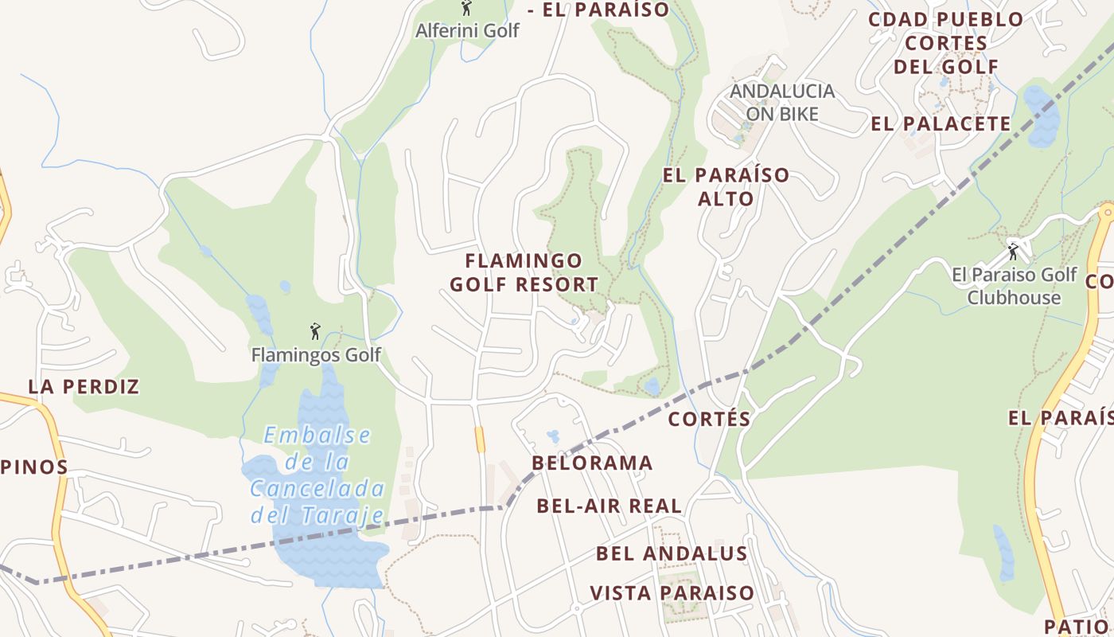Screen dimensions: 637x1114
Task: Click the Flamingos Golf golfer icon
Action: (x=316, y=331)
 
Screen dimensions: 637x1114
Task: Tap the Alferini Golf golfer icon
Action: (x=466, y=9)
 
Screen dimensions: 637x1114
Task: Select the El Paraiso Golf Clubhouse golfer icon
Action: (x=1013, y=252)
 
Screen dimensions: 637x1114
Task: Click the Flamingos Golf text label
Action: (x=316, y=354)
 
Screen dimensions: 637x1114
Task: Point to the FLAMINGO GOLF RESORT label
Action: (x=524, y=272)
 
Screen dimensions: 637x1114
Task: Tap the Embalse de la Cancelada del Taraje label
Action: (x=317, y=475)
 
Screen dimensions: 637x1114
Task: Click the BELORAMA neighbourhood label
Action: (x=592, y=463)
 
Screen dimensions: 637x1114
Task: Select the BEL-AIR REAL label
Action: (x=609, y=506)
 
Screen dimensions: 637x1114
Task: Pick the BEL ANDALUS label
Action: (x=672, y=553)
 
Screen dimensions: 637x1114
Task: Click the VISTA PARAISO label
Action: (x=672, y=593)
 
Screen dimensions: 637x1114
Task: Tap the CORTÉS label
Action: (x=709, y=419)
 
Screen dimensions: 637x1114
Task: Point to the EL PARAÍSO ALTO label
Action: (x=726, y=186)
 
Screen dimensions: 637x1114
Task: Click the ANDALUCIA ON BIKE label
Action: (x=782, y=103)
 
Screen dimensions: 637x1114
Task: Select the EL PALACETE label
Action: (x=941, y=124)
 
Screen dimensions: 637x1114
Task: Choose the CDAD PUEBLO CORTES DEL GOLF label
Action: (x=945, y=43)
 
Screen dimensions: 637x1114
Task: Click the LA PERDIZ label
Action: (x=84, y=387)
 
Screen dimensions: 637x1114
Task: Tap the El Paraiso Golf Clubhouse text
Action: (x=1015, y=286)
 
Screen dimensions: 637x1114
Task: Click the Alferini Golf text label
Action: (x=467, y=30)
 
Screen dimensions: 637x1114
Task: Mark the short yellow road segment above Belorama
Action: (x=480, y=439)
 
